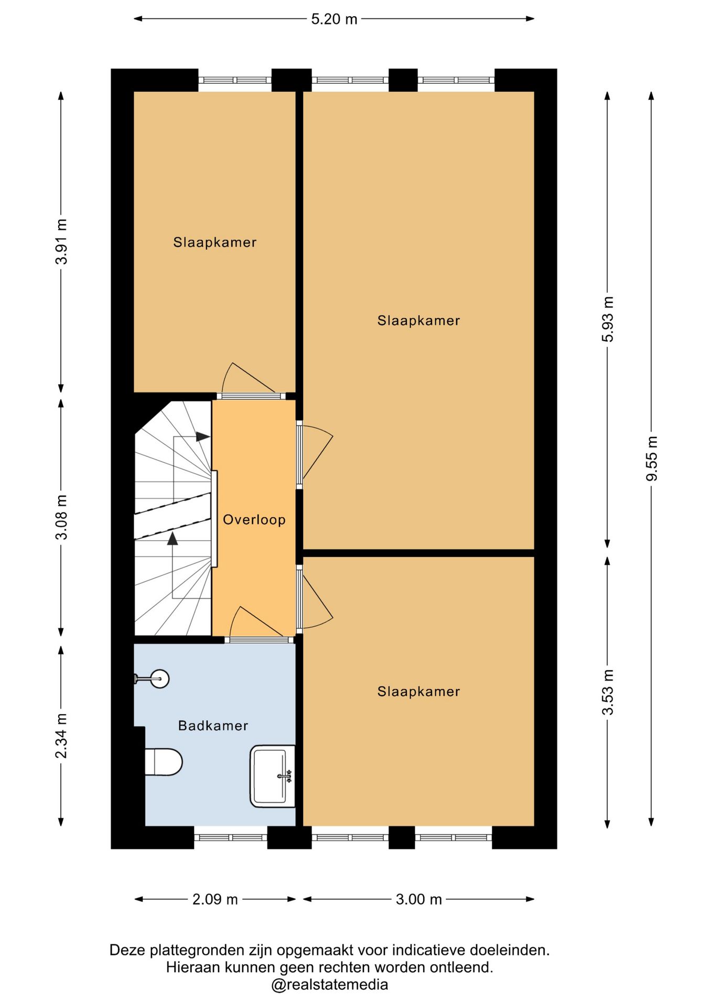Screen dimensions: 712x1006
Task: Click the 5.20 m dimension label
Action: [334, 19]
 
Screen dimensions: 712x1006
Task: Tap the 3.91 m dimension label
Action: [61, 242]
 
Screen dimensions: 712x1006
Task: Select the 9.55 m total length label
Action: [652, 458]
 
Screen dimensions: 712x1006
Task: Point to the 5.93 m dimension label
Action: [608, 319]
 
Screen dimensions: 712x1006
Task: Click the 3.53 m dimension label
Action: [608, 692]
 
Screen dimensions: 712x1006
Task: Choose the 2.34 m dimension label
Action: [61, 736]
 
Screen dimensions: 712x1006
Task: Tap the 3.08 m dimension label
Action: [61, 517]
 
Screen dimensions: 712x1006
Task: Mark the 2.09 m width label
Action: [215, 900]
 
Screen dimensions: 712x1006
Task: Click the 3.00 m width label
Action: [418, 900]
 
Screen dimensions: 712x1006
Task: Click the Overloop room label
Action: [254, 520]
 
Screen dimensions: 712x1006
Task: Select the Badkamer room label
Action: [213, 726]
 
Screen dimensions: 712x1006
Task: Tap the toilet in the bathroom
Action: [164, 762]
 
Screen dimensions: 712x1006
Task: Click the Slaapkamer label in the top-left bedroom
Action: [215, 243]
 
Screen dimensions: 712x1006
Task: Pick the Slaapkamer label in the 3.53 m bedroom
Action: [418, 692]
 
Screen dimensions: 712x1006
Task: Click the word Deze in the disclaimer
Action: [128, 950]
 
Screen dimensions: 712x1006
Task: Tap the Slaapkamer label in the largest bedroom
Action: [418, 321]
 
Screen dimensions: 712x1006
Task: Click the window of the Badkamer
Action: [231, 837]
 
